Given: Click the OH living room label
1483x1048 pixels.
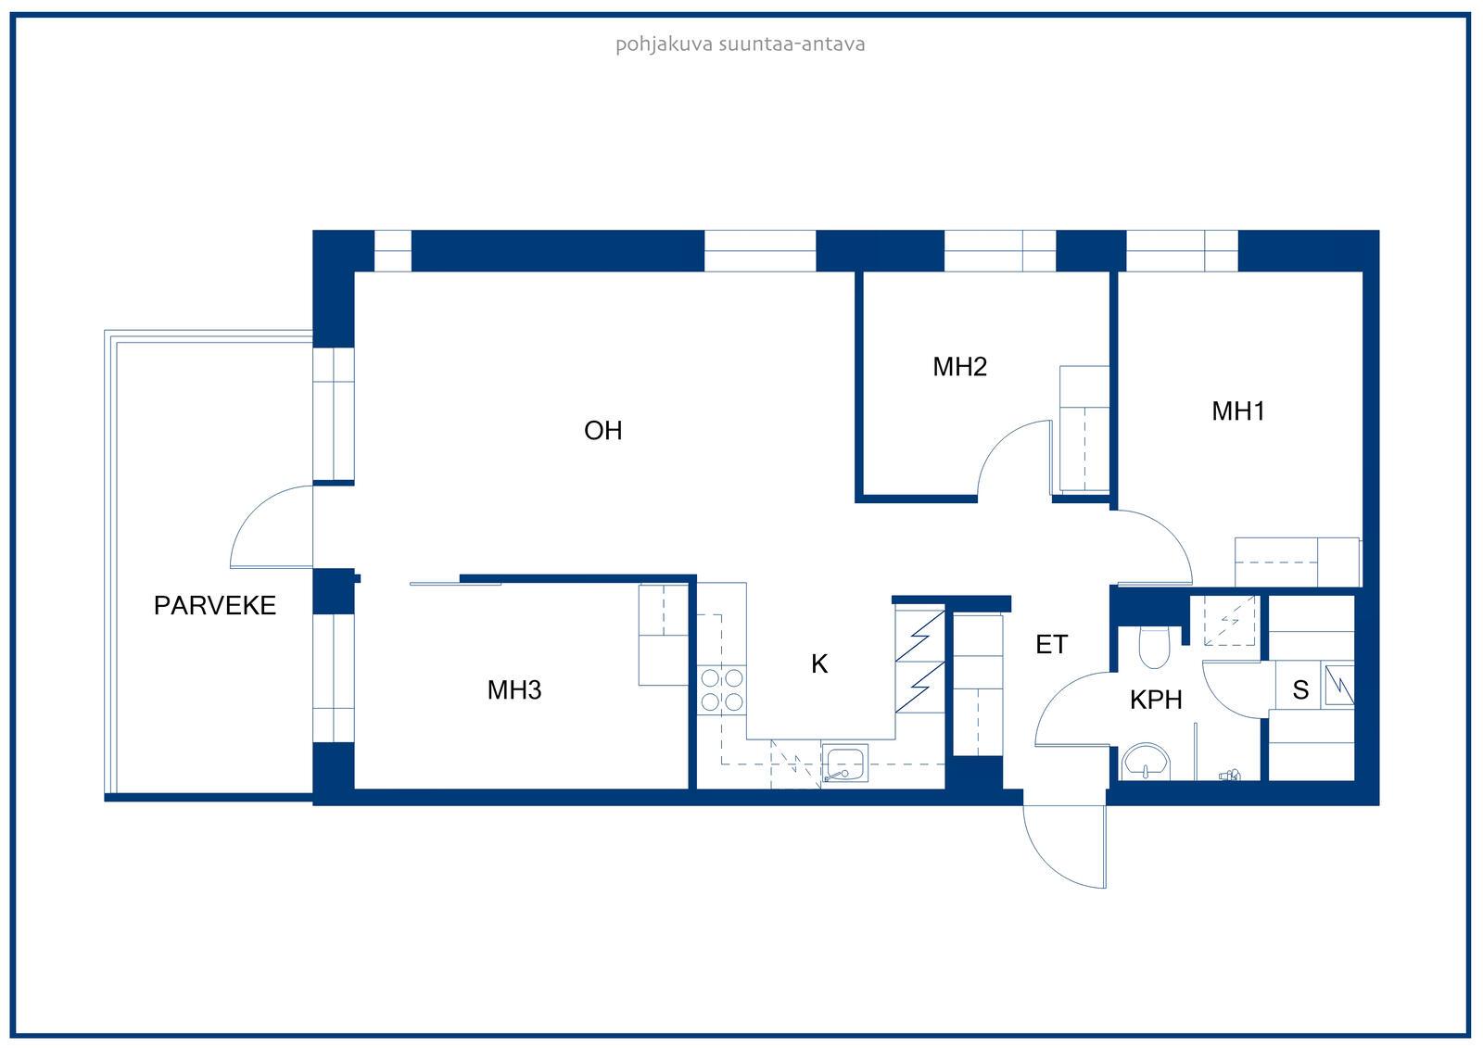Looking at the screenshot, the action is [603, 431].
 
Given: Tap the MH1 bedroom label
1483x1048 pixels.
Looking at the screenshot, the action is [1238, 411].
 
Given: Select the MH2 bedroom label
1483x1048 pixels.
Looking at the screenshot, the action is [960, 367].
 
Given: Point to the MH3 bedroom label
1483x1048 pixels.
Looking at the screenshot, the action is [514, 689].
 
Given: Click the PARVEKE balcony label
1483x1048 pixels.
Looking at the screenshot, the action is [214, 605].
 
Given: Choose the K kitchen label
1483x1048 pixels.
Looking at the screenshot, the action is [819, 663].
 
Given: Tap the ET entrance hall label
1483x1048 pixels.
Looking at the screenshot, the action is [1051, 644].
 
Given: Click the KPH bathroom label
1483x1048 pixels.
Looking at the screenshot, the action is [1156, 700].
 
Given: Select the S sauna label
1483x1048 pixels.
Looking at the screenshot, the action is [1300, 689].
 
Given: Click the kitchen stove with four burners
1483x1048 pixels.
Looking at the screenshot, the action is [722, 689].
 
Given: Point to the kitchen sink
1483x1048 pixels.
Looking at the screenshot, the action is [844, 763].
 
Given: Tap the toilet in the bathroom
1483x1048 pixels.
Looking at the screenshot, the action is [1155, 648].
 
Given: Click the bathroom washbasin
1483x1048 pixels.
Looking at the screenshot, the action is [1146, 762].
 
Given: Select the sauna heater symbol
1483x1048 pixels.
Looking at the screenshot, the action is [1338, 684].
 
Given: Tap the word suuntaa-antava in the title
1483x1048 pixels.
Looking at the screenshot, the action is [792, 44].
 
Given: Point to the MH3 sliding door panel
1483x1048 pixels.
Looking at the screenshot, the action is [455, 584].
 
